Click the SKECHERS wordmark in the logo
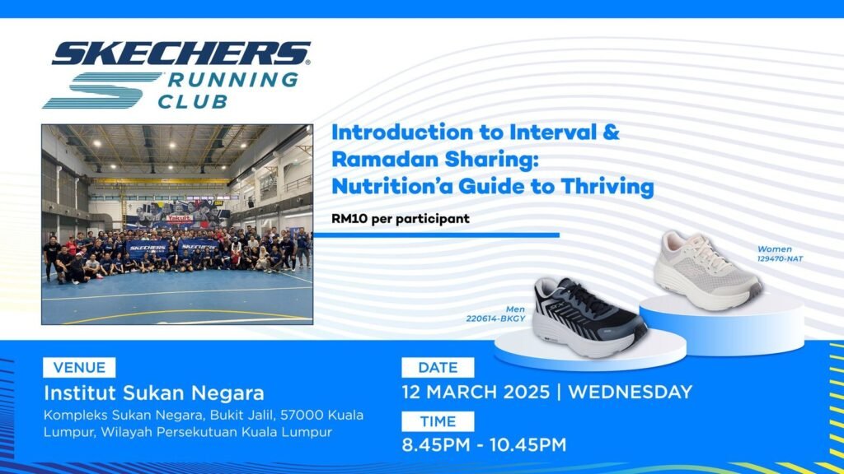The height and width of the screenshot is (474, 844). pos(181,53)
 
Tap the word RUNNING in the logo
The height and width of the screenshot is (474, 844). pos(233,80)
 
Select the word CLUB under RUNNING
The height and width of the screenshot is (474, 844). pos(193,101)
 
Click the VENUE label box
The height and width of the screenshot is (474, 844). pos(79,368)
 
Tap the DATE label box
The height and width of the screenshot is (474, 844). pos(438,368)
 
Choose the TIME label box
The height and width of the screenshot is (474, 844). pos(438,421)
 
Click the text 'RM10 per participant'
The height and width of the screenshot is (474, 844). pos(401,219)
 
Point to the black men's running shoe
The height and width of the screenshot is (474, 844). pos(589,317)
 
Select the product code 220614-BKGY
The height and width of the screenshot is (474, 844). pos(495,318)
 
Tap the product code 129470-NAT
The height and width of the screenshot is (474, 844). pos(780,258)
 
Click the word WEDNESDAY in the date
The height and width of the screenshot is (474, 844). pos(631,392)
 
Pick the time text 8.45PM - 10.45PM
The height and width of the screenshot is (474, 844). pos(484,445)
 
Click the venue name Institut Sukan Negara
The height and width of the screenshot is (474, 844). pos(154,393)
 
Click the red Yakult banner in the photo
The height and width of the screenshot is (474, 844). pos(179,218)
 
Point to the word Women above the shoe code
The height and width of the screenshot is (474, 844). pos(775,249)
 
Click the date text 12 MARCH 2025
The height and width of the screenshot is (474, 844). pos(476,392)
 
